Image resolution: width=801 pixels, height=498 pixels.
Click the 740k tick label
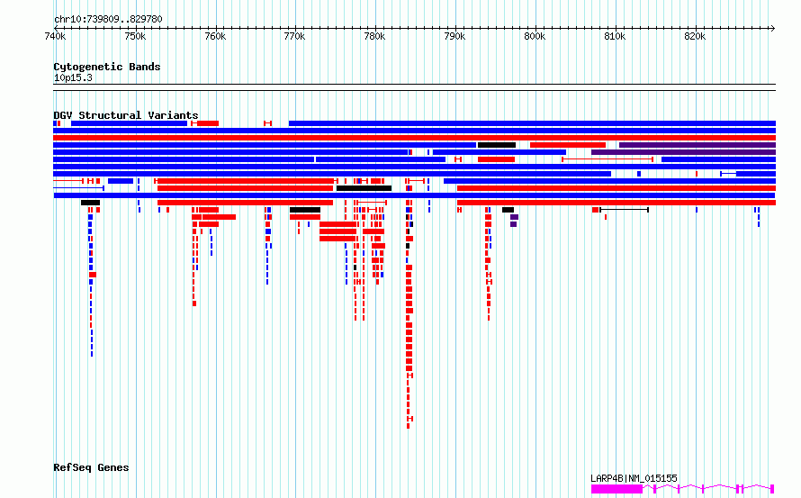pyautogui.click(x=54, y=36)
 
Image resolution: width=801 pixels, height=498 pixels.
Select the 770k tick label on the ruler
pyautogui.click(x=294, y=36)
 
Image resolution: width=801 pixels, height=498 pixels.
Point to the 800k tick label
pyautogui.click(x=535, y=36)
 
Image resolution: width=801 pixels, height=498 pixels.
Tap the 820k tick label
pyautogui.click(x=695, y=36)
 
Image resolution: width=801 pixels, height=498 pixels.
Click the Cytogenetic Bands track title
pyautogui.click(x=106, y=67)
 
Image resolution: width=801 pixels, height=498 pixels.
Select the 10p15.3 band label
pyautogui.click(x=73, y=77)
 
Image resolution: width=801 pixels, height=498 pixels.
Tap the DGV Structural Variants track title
pyautogui.click(x=125, y=115)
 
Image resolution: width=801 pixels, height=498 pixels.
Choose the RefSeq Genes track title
pyautogui.click(x=91, y=467)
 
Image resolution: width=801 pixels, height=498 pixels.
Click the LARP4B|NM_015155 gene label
pyautogui.click(x=634, y=478)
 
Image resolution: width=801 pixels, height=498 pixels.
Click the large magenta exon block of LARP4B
pyautogui.click(x=616, y=488)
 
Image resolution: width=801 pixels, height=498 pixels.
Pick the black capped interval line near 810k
pyautogui.click(x=624, y=210)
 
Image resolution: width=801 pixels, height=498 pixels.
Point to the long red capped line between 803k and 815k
pyautogui.click(x=607, y=159)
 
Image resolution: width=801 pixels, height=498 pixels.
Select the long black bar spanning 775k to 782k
pyautogui.click(x=364, y=188)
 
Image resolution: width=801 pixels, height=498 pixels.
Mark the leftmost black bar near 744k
pyautogui.click(x=90, y=203)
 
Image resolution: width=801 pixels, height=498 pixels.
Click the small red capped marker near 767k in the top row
pyautogui.click(x=267, y=123)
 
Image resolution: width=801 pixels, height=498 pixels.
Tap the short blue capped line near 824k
pyautogui.click(x=728, y=173)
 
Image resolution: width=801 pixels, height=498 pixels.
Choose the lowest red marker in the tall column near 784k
pyautogui.click(x=409, y=419)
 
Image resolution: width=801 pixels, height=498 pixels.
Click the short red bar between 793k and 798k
pyautogui.click(x=496, y=159)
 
